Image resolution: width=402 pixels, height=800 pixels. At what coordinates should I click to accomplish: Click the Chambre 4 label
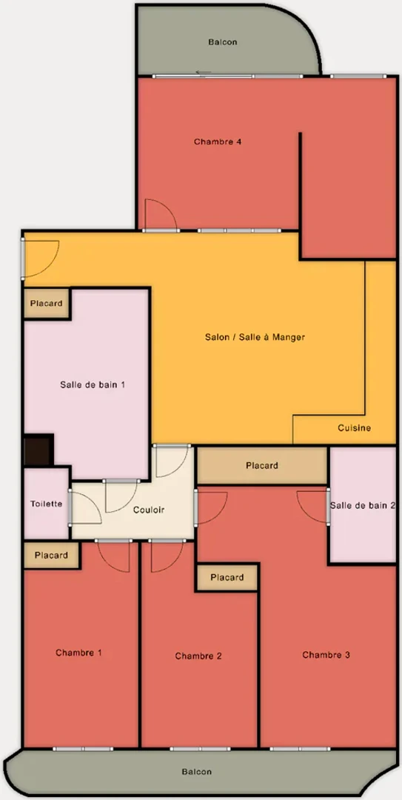click(x=218, y=141)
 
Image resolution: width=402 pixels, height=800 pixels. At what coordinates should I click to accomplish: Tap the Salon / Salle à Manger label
click(x=255, y=337)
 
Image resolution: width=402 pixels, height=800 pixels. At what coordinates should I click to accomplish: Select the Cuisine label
click(x=355, y=428)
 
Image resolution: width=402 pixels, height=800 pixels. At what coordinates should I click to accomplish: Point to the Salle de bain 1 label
click(x=93, y=384)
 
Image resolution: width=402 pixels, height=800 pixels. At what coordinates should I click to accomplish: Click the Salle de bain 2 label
click(x=363, y=505)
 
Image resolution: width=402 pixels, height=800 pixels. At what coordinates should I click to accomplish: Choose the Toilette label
click(x=47, y=504)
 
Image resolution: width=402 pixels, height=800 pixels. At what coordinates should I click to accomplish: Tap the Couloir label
click(x=149, y=510)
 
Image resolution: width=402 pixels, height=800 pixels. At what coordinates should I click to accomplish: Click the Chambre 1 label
click(x=78, y=653)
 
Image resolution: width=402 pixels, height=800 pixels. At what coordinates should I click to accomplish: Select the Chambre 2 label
click(x=198, y=656)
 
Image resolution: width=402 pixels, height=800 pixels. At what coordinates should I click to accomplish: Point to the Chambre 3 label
click(x=326, y=655)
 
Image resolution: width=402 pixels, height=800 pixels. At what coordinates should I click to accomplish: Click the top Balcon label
click(x=223, y=42)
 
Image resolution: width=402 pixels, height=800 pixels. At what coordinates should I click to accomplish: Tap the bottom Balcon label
click(x=197, y=772)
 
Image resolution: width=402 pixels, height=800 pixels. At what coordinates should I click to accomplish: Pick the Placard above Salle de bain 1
click(x=46, y=303)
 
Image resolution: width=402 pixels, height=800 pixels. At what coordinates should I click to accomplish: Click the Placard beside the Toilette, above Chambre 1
click(x=51, y=555)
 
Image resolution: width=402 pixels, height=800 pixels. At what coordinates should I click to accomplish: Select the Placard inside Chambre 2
click(x=227, y=578)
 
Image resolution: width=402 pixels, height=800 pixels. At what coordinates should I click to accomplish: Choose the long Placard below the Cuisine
click(x=262, y=466)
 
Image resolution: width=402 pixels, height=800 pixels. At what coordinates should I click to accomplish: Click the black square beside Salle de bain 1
click(x=37, y=450)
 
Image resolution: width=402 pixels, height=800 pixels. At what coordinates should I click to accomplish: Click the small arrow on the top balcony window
click(x=204, y=73)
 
